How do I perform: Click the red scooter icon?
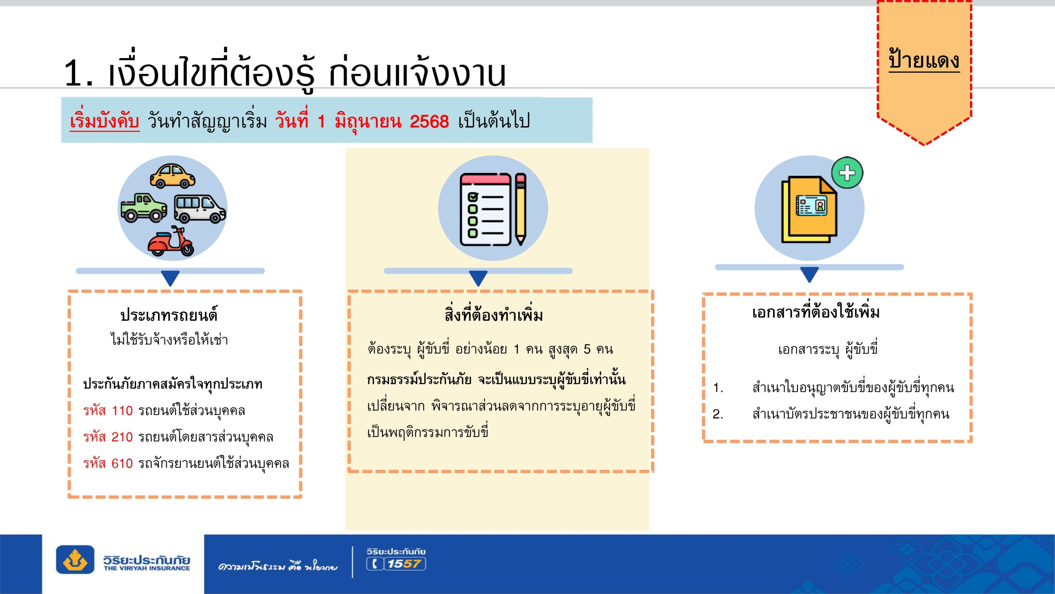(x=171, y=241)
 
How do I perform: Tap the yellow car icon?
(x=172, y=176)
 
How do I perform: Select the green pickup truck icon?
(x=144, y=207)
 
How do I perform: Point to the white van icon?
(x=200, y=209)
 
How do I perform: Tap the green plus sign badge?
(x=847, y=173)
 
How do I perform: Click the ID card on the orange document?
(x=811, y=205)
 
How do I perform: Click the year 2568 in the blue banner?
(x=429, y=122)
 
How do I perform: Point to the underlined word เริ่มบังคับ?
(x=104, y=121)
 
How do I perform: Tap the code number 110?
(x=122, y=411)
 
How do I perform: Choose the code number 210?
(x=122, y=437)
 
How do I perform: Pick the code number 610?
(x=122, y=464)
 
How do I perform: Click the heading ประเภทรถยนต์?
(x=169, y=315)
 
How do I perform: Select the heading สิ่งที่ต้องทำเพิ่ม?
(x=494, y=315)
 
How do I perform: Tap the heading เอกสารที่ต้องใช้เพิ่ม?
(x=816, y=312)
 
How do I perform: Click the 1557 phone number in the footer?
(x=404, y=564)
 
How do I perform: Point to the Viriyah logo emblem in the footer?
(x=75, y=560)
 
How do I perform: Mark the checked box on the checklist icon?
(x=473, y=197)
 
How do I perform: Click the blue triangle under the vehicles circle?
(x=170, y=278)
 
